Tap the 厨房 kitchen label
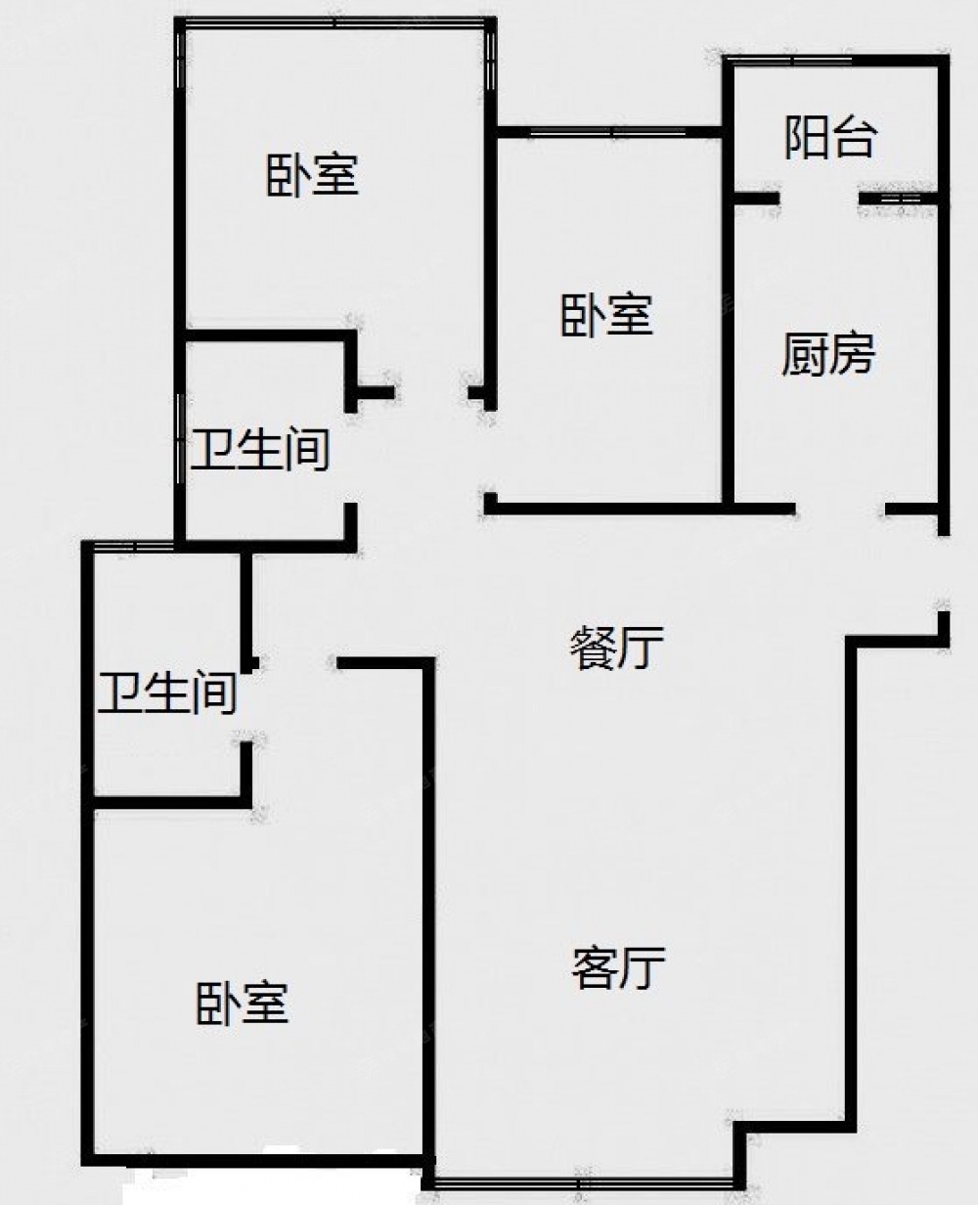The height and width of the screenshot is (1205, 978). tap(827, 354)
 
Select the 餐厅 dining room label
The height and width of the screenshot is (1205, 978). tap(616, 648)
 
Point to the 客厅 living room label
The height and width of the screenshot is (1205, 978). tap(618, 968)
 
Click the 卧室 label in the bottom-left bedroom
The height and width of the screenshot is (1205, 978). tap(243, 1004)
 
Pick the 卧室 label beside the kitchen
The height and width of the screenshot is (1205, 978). tap(607, 315)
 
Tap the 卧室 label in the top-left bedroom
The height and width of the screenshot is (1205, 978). tap(312, 175)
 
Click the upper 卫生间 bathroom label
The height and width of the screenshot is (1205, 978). tap(260, 450)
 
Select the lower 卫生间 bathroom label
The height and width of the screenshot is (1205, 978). tap(167, 693)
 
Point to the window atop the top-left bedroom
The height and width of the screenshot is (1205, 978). tap(334, 23)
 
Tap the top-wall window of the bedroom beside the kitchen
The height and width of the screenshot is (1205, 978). tap(608, 132)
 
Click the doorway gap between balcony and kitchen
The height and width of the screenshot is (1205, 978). tap(819, 200)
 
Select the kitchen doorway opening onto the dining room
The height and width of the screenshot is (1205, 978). tap(840, 510)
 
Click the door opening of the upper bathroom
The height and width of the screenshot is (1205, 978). tap(351, 457)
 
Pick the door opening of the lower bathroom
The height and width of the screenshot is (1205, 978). tap(246, 706)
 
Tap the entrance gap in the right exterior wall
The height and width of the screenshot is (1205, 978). tap(944, 573)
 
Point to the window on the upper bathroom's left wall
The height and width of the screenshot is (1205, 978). tap(180, 439)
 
